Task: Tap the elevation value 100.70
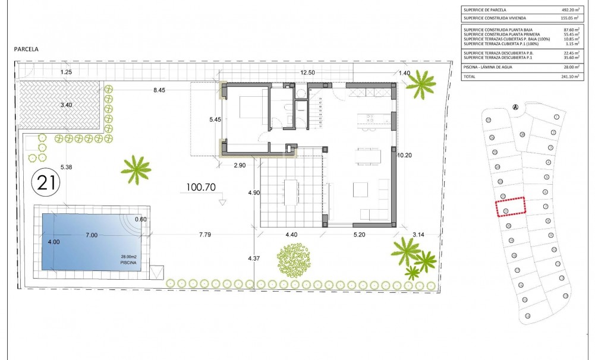[200, 187]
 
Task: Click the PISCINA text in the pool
[128, 261]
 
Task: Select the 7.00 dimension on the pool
[92, 235]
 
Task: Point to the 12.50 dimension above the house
[307, 72]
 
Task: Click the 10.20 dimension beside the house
[404, 154]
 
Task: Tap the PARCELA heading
[26, 50]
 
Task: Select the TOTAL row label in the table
[470, 77]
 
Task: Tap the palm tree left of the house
[136, 169]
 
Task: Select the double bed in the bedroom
[247, 109]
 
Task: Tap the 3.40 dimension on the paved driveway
[66, 106]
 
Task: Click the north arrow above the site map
[515, 107]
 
